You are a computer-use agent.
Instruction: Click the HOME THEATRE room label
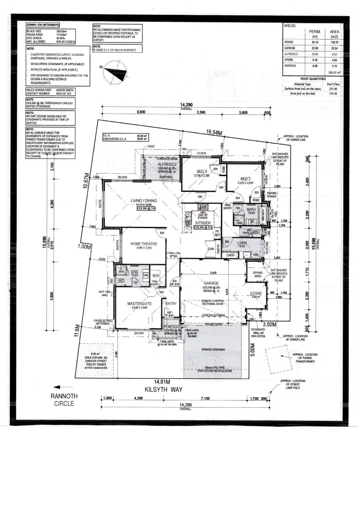tap(144, 244)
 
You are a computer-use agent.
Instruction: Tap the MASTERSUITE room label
tap(139, 304)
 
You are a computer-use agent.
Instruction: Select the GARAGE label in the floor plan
tap(211, 283)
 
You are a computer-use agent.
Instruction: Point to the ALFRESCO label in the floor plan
tap(167, 164)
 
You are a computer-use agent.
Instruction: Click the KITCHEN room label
tap(203, 223)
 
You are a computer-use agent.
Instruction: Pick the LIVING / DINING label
tap(144, 201)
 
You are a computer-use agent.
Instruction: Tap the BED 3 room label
tap(202, 172)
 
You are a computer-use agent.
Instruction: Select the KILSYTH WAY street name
tap(164, 389)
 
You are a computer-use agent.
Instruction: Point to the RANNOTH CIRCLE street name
tap(64, 400)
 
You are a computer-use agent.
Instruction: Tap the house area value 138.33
tap(334, 42)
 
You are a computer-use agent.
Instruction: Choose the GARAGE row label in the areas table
tap(290, 48)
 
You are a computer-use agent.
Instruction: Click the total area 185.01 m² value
tap(334, 72)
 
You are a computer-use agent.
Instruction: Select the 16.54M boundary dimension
tap(214, 132)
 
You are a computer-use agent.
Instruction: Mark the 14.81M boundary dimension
tap(162, 382)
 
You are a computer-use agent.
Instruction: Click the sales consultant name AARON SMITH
tap(65, 90)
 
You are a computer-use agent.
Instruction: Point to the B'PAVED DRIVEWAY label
tap(213, 350)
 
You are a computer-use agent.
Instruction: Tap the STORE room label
tap(256, 294)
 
